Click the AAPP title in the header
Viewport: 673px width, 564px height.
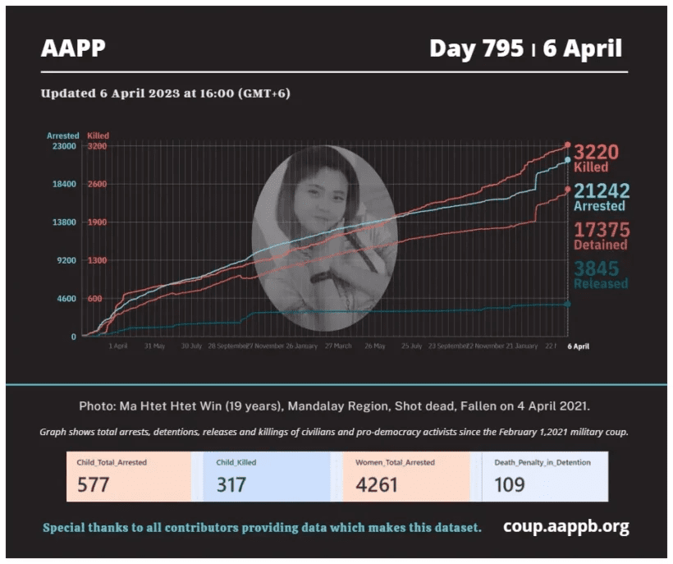coord(73,49)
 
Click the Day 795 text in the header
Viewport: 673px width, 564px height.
coord(475,49)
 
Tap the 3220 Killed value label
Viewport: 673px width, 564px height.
coord(596,153)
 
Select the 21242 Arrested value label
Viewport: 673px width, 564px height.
coord(602,191)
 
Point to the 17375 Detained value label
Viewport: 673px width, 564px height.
coord(601,230)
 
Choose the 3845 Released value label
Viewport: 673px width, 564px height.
coord(597,268)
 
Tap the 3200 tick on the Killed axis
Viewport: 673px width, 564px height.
coord(97,146)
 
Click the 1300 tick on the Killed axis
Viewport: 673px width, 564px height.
coord(97,260)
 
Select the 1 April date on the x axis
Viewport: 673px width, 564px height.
coord(117,346)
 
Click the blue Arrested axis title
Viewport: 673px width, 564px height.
coord(62,135)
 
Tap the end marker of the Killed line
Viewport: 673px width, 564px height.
coord(567,145)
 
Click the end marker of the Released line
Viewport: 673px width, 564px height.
coord(567,304)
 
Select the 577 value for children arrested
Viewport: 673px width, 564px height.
coord(93,484)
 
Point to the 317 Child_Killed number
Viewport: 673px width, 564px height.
coord(231,484)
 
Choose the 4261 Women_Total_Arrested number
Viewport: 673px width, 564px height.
coord(376,484)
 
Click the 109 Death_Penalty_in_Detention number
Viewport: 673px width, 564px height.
coord(509,484)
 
